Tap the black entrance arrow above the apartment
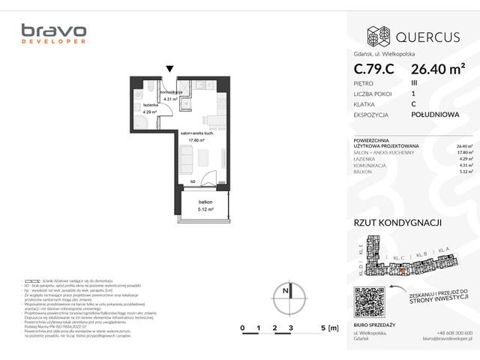170,70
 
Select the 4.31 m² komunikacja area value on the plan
170,98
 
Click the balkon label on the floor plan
205,202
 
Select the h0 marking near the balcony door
192,181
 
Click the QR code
368,302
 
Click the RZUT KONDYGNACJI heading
397,223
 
